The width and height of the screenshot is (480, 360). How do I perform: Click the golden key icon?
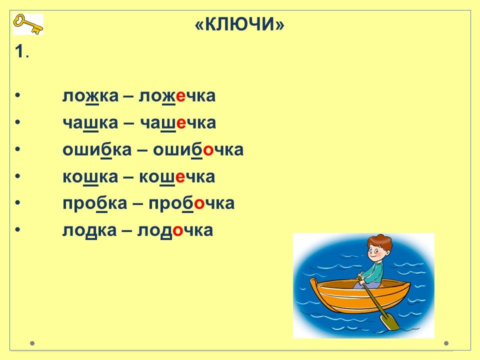pos(28,24)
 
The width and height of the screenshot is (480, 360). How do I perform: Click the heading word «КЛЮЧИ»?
pos(239,24)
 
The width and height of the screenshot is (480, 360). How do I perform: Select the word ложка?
pos(90,96)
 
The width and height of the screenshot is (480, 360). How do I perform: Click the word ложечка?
pos(177,96)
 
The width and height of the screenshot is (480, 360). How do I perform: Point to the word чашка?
pos(90,123)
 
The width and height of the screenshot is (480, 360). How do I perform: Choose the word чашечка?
pos(178,123)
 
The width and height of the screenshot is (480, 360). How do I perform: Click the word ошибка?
pos(97,149)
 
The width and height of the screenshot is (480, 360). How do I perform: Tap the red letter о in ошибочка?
pos(208,150)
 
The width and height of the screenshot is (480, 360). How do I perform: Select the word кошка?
pos(90,176)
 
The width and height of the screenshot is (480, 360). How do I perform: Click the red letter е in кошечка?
pos(180,177)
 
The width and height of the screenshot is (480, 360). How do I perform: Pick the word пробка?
pos(95,203)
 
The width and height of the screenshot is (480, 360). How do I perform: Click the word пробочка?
pos(191,203)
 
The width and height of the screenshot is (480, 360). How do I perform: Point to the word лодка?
pos(89,230)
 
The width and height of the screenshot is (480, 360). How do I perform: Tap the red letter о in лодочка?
pos(178,231)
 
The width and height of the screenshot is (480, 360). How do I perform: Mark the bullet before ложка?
pos(17,96)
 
